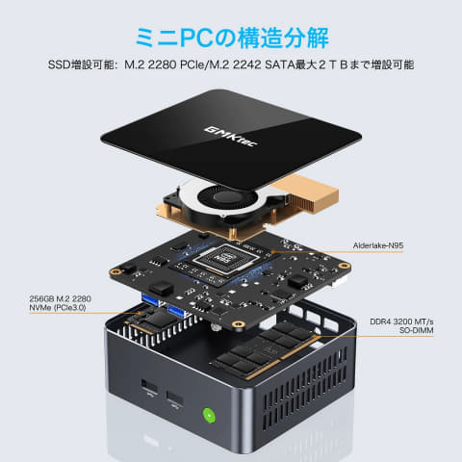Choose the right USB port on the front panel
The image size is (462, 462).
[177, 398]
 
